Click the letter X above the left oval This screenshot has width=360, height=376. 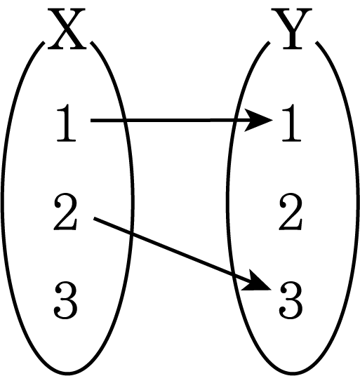pos(67,29)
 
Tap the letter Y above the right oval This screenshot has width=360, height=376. pos(292,29)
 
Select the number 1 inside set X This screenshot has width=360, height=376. pos(66,123)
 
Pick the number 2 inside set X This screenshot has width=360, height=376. pos(65,212)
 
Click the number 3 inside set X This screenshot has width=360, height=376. pos(66,300)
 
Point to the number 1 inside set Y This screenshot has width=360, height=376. pos(291,123)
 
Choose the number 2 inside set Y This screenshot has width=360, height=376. pos(291,212)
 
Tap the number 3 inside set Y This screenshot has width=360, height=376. pos(291,300)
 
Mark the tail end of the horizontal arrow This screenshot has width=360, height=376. pos(91,121)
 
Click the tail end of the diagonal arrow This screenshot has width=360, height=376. pos(94,218)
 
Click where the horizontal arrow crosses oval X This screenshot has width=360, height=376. pos(124,121)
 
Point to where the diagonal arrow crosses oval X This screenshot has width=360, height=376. pos(131,233)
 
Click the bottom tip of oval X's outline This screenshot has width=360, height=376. pos(67,374)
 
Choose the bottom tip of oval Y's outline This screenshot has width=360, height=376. pos(293,374)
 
